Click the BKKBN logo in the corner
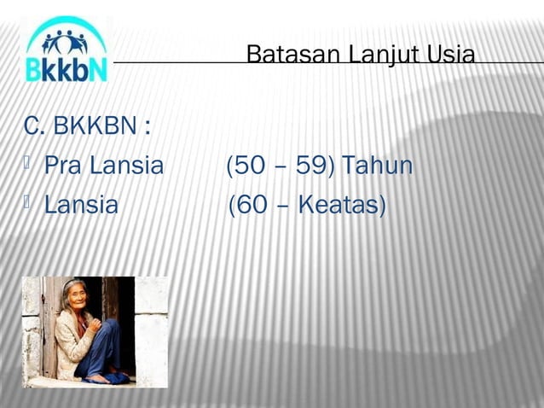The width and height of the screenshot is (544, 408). pyautogui.click(x=66, y=50)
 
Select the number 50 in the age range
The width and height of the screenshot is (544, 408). pyautogui.click(x=249, y=166)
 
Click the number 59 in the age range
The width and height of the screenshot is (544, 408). pyautogui.click(x=313, y=166)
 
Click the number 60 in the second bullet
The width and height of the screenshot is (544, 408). pyautogui.click(x=252, y=206)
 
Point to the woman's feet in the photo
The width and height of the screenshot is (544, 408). pyautogui.click(x=108, y=376)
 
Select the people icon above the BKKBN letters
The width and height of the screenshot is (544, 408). pyautogui.click(x=66, y=39)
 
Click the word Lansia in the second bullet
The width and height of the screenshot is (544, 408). pyautogui.click(x=81, y=206)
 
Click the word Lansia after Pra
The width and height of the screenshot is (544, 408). pyautogui.click(x=124, y=166)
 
